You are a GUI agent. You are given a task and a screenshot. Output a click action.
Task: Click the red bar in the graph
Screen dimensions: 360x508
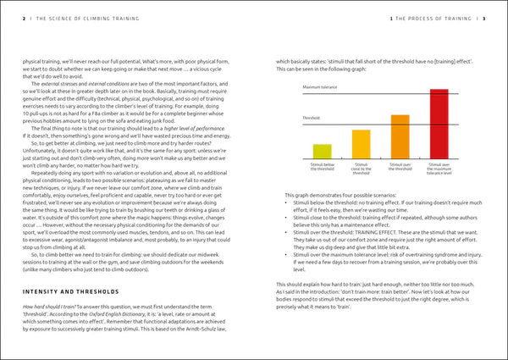point(439,123)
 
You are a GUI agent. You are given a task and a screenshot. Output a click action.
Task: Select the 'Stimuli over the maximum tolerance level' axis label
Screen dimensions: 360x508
point(439,169)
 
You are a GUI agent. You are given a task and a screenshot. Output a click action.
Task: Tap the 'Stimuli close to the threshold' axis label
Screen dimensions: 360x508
point(361,168)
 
